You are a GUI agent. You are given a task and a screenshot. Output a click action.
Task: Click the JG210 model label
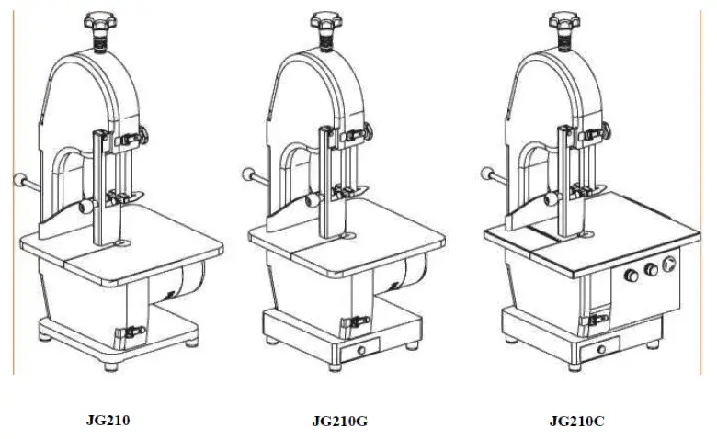(107, 422)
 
